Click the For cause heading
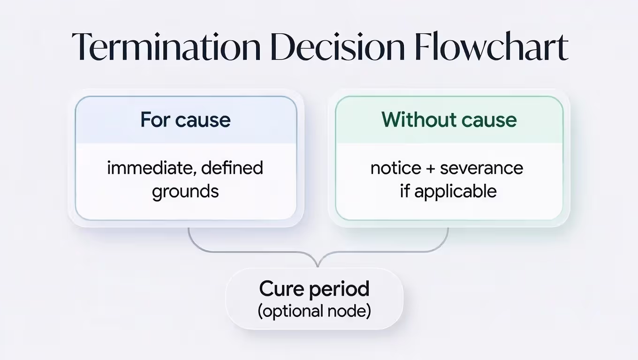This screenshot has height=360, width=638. pyautogui.click(x=185, y=120)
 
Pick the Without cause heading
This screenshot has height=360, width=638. pyautogui.click(x=449, y=120)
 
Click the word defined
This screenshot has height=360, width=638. pyautogui.click(x=233, y=168)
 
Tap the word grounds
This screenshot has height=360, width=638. pyautogui.click(x=185, y=191)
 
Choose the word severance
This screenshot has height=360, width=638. pyautogui.click(x=481, y=168)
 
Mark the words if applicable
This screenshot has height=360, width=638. pyautogui.click(x=448, y=191)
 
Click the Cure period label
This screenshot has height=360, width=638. pyautogui.click(x=314, y=289)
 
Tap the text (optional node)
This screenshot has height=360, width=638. pyautogui.click(x=314, y=311)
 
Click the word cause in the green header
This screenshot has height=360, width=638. pyautogui.click(x=489, y=120)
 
